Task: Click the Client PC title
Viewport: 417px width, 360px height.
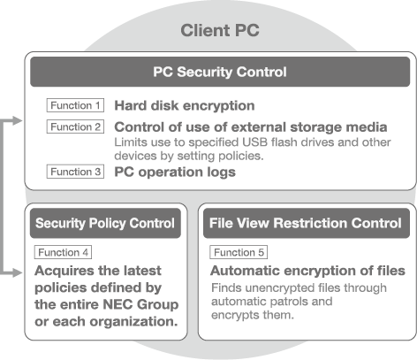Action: (220, 30)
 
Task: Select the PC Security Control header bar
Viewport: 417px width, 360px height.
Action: (220, 72)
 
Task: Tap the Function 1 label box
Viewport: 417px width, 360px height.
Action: (75, 105)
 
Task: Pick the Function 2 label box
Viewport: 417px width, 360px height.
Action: (75, 126)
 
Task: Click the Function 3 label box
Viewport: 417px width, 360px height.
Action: (75, 172)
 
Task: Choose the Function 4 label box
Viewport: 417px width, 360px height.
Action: (63, 252)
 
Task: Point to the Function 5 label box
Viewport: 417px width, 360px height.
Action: (239, 252)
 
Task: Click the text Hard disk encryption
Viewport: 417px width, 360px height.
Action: (185, 106)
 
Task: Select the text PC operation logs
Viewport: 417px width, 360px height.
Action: (175, 172)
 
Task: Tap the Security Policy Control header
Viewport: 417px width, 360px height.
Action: (105, 223)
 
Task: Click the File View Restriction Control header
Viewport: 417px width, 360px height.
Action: (307, 223)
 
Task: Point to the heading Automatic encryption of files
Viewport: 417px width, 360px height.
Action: (307, 271)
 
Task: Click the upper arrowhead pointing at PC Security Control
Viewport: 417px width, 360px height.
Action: (17, 120)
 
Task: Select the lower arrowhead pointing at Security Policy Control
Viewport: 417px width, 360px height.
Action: (17, 272)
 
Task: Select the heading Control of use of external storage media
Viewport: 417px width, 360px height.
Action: (251, 127)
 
